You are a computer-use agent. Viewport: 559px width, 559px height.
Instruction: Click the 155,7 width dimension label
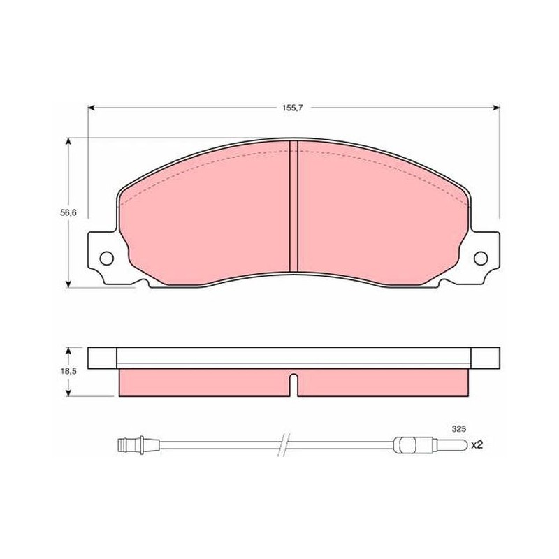tap(292, 108)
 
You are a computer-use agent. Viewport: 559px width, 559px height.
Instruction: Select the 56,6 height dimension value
tap(68, 213)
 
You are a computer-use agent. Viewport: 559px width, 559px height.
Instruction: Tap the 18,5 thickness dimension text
tap(68, 371)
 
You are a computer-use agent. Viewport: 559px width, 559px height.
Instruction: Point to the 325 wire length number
tap(459, 429)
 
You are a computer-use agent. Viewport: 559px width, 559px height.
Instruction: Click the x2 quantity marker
tap(477, 444)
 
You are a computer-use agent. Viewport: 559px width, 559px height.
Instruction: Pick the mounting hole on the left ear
tap(107, 258)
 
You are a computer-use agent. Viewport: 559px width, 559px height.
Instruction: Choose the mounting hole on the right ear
tap(481, 258)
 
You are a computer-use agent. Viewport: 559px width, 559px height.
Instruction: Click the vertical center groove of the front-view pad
tap(293, 205)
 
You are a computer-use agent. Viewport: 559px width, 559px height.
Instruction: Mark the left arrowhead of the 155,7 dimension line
tap(91, 108)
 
